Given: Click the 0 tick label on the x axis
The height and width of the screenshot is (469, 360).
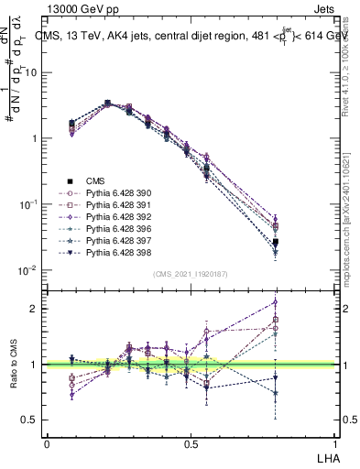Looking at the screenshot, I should [x=47, y=443].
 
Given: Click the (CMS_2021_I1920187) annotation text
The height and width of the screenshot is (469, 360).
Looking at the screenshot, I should [x=191, y=274].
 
